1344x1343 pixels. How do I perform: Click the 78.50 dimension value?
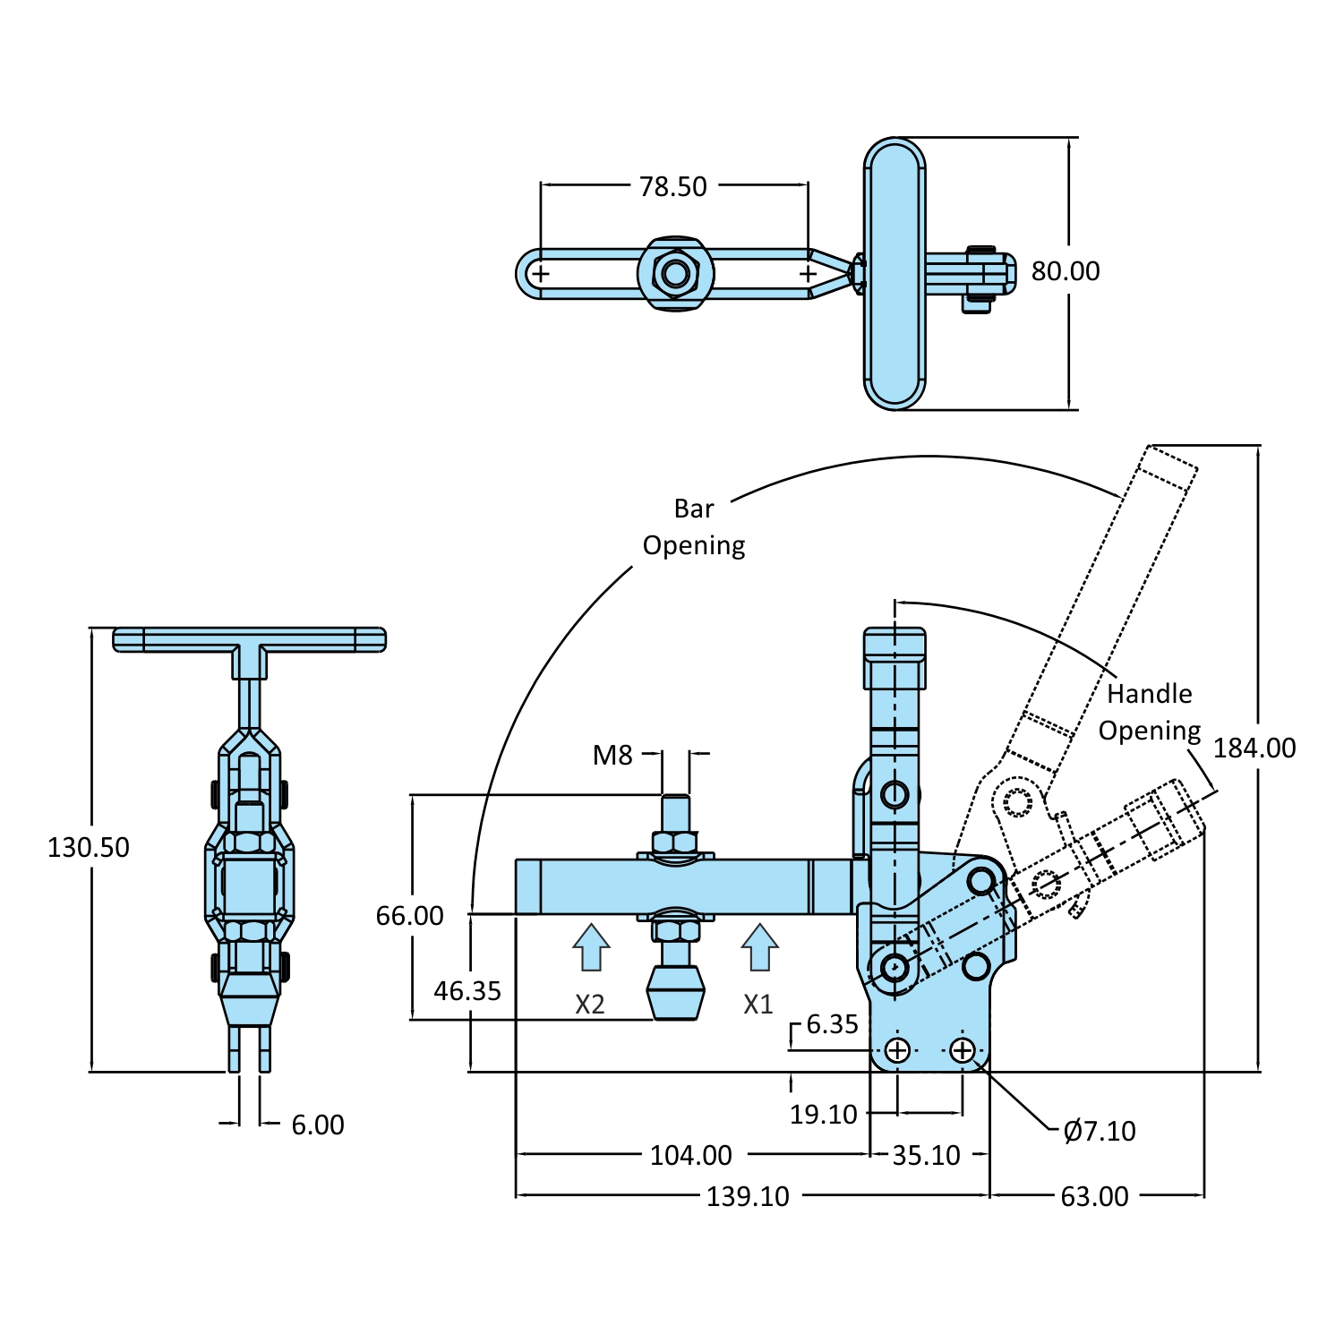[672, 186]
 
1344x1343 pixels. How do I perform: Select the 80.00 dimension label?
[1065, 271]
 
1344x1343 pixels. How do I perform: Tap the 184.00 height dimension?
[1254, 748]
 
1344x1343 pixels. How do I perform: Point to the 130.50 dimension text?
[88, 847]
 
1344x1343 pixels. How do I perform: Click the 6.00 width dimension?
[317, 1125]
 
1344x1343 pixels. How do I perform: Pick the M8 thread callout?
[612, 756]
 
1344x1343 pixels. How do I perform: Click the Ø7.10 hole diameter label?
[1099, 1132]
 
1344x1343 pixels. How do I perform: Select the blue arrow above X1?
[759, 947]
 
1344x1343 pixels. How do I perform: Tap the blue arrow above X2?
[591, 947]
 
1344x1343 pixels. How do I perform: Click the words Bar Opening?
[694, 527]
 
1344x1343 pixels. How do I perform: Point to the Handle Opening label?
[1150, 713]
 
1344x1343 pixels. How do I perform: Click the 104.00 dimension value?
[690, 1155]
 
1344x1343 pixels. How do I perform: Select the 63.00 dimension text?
[1094, 1196]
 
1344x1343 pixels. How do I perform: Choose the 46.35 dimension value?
[467, 991]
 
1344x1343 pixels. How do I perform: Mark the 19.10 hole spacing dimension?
[823, 1115]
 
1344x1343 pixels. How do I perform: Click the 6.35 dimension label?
[832, 1024]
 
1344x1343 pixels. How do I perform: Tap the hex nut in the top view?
[676, 273]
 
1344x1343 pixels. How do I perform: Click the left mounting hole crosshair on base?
[897, 1050]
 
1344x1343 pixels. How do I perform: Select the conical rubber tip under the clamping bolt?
[676, 992]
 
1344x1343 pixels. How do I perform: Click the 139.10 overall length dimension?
[748, 1196]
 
